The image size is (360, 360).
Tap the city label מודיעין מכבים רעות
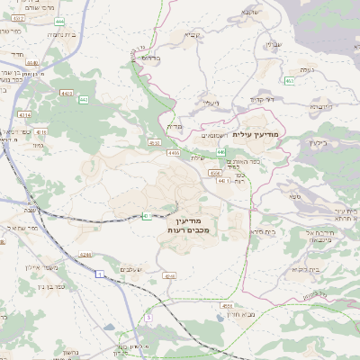(188, 226)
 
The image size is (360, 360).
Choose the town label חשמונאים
(212, 135)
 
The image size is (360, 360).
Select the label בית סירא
(263, 231)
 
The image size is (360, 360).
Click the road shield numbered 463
(290, 82)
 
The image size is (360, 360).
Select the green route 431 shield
(144, 215)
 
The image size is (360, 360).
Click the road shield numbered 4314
(25, 115)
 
